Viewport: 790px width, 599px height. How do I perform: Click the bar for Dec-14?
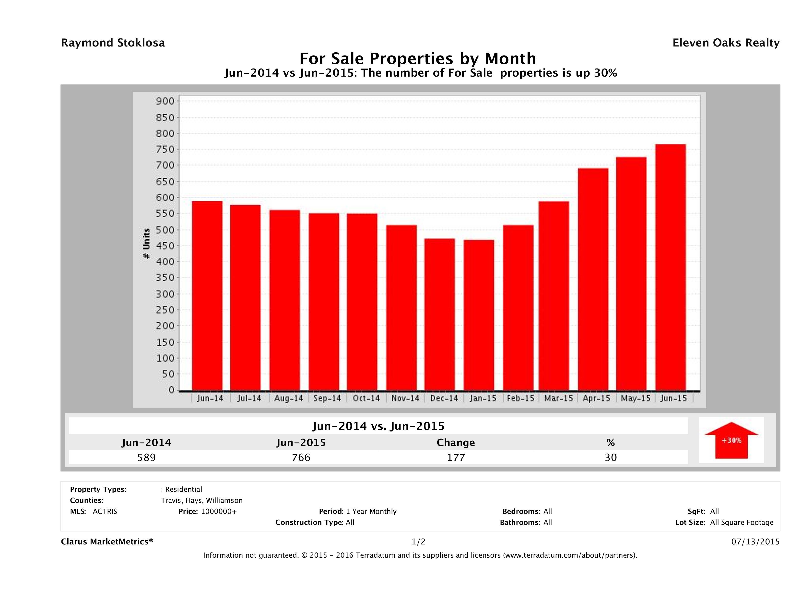(x=439, y=314)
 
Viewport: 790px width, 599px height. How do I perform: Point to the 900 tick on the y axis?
(x=165, y=101)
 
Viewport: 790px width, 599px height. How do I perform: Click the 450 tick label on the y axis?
(x=165, y=246)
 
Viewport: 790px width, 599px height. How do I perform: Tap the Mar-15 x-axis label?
(x=558, y=398)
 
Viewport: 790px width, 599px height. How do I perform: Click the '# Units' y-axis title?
(x=146, y=243)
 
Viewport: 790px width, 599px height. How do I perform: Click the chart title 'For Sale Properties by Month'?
(x=417, y=58)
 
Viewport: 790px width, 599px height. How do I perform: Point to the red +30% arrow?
(x=731, y=440)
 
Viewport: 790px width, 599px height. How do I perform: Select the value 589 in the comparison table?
(x=146, y=457)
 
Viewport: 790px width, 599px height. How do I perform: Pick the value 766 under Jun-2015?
(x=301, y=457)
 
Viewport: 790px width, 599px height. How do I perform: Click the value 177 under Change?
(x=456, y=457)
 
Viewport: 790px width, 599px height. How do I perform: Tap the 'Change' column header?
(x=456, y=443)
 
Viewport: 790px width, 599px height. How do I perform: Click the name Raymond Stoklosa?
(x=113, y=43)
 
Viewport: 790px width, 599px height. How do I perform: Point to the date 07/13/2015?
(x=755, y=541)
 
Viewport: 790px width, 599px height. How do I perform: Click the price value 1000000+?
(x=219, y=511)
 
